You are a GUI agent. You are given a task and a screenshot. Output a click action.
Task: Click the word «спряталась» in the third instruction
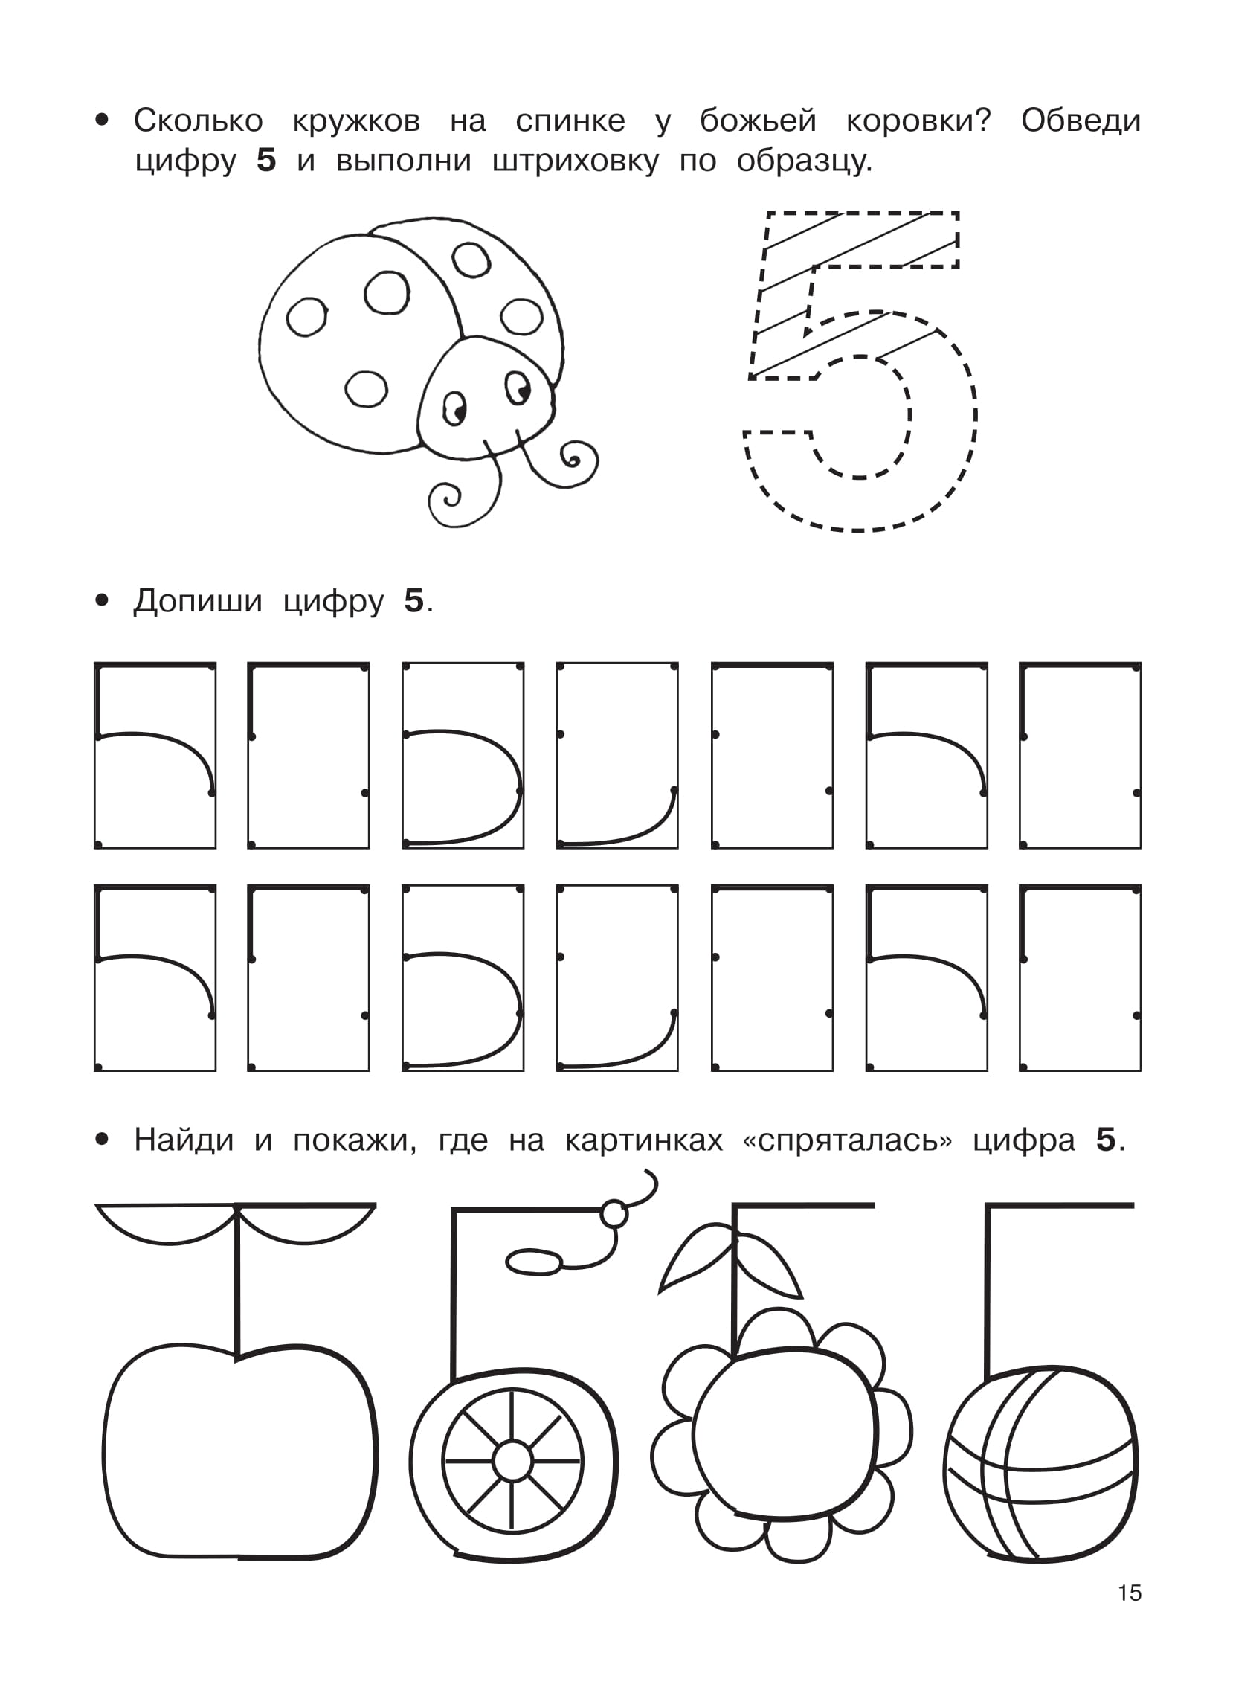[x=848, y=1140]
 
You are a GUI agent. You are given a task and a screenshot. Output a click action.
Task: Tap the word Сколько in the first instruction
[x=198, y=121]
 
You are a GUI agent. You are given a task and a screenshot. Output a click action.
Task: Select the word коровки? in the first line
[x=918, y=121]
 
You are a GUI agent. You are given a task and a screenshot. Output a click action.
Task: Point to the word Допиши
[x=197, y=601]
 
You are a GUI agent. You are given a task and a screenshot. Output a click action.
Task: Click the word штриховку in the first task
[x=576, y=161]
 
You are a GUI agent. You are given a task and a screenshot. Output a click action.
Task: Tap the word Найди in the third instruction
[x=184, y=1140]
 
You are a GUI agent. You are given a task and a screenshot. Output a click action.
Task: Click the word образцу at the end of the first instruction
[x=804, y=161]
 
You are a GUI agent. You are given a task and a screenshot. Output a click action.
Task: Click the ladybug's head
[x=486, y=399]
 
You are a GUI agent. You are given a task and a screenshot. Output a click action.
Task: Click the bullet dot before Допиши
[x=102, y=600]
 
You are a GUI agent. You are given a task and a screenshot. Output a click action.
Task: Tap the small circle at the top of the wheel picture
[x=614, y=1213]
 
